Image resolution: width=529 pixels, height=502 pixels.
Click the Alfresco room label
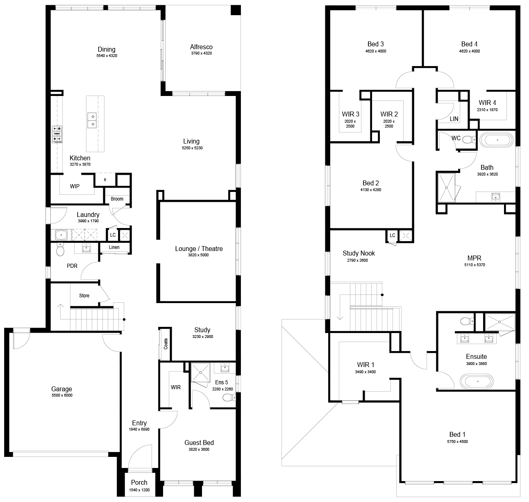click(201, 47)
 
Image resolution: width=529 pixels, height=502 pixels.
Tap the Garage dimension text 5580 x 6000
click(62, 395)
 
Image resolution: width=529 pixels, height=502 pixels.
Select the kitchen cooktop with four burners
click(57, 134)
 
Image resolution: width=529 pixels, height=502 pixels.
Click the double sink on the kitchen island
click(92, 120)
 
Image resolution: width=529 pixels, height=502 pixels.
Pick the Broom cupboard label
click(117, 199)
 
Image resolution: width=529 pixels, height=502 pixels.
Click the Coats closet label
click(166, 344)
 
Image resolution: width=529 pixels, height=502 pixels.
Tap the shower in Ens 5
click(200, 372)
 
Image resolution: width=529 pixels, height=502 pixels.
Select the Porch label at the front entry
click(139, 482)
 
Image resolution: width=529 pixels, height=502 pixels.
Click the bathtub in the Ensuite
click(477, 381)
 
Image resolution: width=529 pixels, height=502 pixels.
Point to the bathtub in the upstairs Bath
click(497, 140)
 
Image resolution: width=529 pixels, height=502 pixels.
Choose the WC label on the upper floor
click(456, 138)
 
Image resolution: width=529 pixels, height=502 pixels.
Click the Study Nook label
click(359, 253)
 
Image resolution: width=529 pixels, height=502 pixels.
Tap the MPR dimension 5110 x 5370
click(475, 265)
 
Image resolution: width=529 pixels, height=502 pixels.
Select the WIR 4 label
click(487, 103)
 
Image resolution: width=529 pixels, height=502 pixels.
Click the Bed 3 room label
click(376, 44)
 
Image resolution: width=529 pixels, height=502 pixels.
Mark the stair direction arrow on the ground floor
click(60, 312)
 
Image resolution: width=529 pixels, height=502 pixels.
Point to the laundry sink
click(61, 235)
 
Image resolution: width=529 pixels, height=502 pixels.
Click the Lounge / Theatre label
click(199, 249)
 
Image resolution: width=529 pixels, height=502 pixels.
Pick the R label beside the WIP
click(105, 180)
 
